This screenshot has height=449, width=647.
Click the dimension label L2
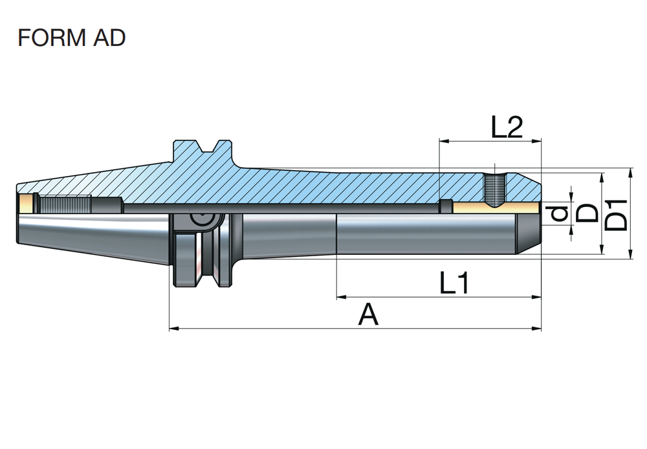pos(506,127)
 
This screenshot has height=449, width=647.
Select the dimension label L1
pos(454,283)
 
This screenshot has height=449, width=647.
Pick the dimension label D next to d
pos(587,212)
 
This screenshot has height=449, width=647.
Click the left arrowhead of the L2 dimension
pos(443,140)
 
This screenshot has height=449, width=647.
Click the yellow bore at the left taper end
pos(27,204)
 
